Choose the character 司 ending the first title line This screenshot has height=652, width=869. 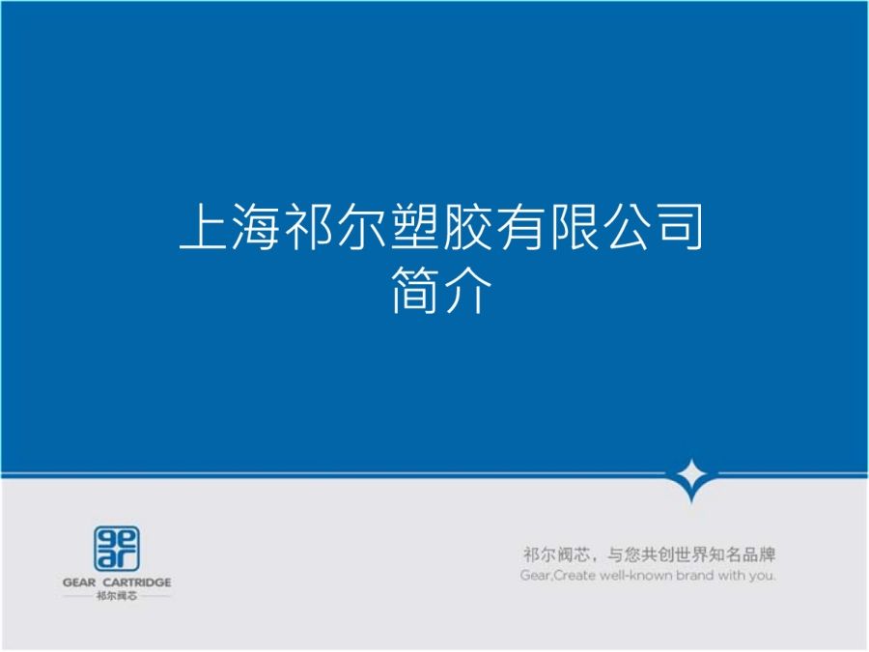coord(678,226)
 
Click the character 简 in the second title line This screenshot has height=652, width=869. coord(414,290)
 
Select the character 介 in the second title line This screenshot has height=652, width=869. coord(467,290)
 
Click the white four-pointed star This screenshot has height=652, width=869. coord(691,475)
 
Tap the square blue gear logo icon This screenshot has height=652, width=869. coord(117,549)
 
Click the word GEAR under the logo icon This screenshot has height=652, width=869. coord(79,582)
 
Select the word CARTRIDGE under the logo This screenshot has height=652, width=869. coord(137,582)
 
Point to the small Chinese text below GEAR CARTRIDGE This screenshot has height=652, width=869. coord(117,596)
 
